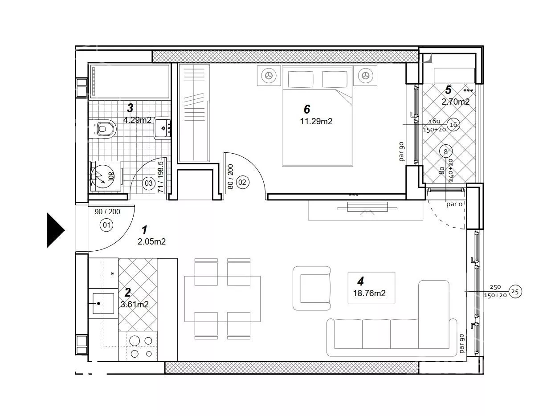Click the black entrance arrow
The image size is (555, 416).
click(56, 230)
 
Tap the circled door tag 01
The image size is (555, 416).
click(106, 224)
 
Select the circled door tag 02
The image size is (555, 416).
click(242, 182)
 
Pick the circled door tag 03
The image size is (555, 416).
click(149, 183)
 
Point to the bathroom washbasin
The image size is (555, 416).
click(162, 128)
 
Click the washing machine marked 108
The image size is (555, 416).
click(106, 176)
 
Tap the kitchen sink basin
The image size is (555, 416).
click(103, 303)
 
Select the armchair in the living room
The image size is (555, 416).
click(311, 288)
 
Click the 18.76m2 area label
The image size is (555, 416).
click(369, 293)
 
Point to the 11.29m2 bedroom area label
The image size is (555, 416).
click(316, 121)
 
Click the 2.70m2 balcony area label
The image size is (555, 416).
click(455, 102)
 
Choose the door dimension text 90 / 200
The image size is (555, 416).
click(107, 212)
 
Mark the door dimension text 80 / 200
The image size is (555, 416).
click(230, 177)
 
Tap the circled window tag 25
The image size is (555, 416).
click(515, 292)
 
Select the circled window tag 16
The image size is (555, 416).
click(453, 125)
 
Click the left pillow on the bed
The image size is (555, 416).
click(300, 79)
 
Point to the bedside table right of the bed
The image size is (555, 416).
click(365, 75)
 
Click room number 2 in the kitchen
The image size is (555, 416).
click(128, 293)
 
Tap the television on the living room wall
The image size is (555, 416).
click(367, 207)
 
